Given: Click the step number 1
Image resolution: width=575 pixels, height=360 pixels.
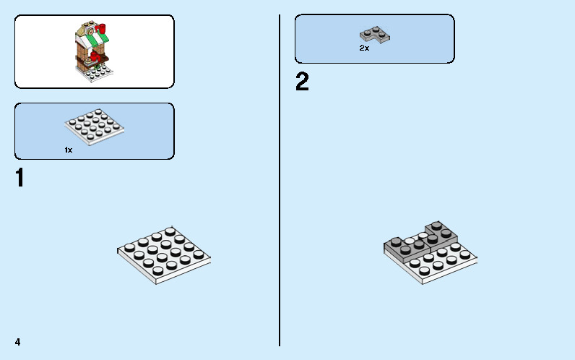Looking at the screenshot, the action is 20,178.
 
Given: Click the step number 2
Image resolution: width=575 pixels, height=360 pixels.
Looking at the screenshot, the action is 302,82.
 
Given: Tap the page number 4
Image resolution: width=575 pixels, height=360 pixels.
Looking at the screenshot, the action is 17,342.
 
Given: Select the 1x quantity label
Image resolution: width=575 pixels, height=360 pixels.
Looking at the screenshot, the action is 69,150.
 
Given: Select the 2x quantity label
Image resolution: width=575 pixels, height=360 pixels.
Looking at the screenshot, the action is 364,48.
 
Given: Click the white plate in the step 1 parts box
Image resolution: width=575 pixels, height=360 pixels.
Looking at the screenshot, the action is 95,127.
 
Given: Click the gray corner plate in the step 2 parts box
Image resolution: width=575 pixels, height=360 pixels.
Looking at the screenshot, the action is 374,35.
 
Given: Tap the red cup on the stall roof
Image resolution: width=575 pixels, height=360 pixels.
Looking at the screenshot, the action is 102,28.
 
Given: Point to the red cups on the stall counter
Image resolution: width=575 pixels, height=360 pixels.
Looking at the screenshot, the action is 95,57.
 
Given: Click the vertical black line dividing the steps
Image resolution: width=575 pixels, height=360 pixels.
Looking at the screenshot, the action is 280,180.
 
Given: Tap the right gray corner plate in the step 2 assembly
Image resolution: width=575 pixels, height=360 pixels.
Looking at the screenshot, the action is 442,235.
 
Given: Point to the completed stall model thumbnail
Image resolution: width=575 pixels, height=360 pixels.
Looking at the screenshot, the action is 93,51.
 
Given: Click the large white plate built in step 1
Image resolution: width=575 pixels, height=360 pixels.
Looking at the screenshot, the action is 164,255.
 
